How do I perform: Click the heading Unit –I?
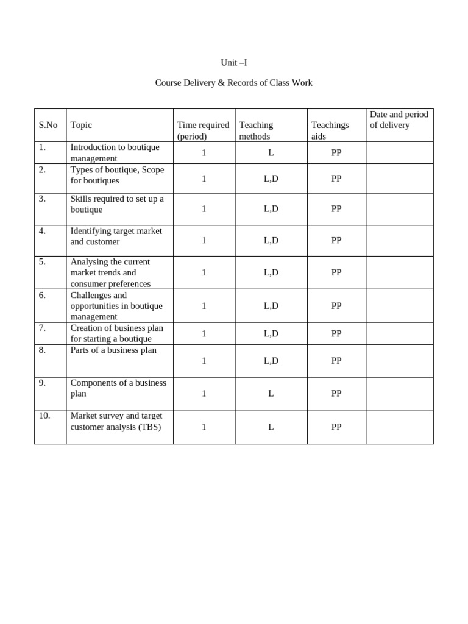[x=233, y=63]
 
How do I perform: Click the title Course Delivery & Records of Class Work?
[x=233, y=83]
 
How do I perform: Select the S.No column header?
[x=48, y=125]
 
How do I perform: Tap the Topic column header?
[x=81, y=125]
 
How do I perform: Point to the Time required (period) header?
[x=203, y=130]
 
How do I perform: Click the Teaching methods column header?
[x=256, y=130]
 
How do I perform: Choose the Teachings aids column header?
[x=330, y=130]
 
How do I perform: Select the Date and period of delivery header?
[x=399, y=119]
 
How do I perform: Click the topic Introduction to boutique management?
[x=115, y=152]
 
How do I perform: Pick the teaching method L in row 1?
[x=271, y=153]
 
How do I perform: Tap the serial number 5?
[x=42, y=262]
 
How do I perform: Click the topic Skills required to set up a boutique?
[x=117, y=204]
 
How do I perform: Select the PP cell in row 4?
[x=336, y=241]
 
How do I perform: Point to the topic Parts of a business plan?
[x=113, y=350]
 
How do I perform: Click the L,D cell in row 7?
[x=271, y=334]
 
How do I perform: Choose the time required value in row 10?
[x=204, y=427]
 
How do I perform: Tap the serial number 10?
[x=44, y=416]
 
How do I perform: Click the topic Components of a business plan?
[x=118, y=388]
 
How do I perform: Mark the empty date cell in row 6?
[x=399, y=306]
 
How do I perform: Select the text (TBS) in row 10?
[x=149, y=427]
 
